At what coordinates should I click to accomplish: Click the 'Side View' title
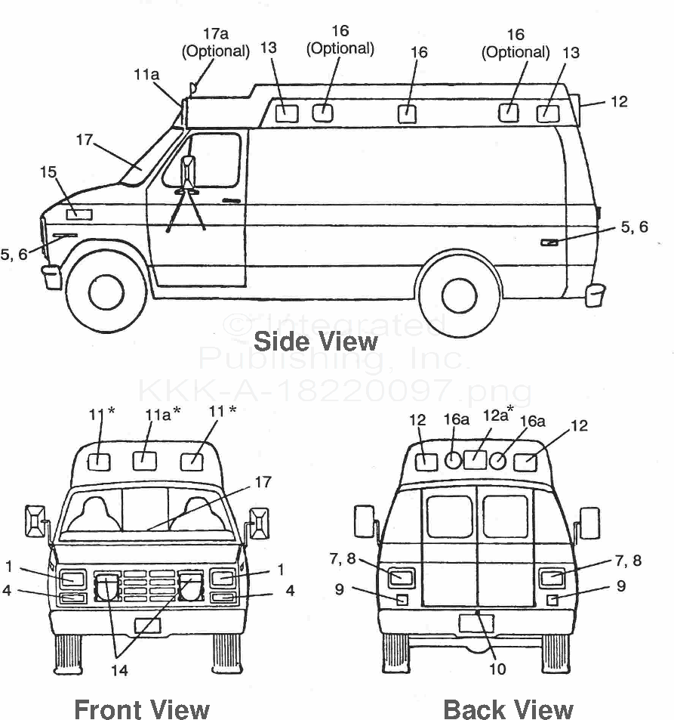(315, 341)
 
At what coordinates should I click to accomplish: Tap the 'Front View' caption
(142, 709)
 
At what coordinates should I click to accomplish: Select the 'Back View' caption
(508, 709)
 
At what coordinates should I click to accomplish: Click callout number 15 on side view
(48, 173)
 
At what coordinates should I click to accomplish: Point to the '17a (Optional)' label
(215, 42)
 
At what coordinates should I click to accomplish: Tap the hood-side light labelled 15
(78, 214)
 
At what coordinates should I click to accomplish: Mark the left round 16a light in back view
(452, 460)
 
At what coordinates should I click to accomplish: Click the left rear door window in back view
(449, 517)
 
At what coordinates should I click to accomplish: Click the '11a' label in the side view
(146, 74)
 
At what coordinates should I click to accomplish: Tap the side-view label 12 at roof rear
(618, 100)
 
